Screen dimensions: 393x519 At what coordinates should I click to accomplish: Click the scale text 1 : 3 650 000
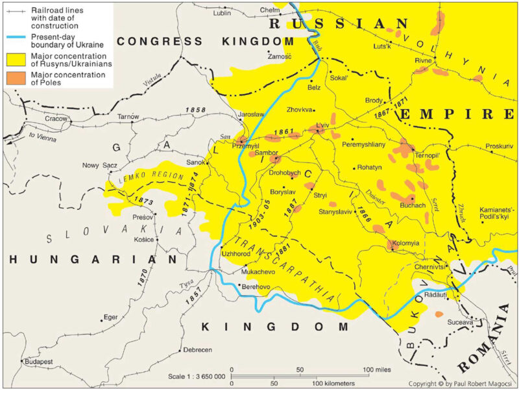(x=196, y=377)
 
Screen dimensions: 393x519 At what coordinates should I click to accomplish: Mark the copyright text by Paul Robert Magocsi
(x=461, y=384)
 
